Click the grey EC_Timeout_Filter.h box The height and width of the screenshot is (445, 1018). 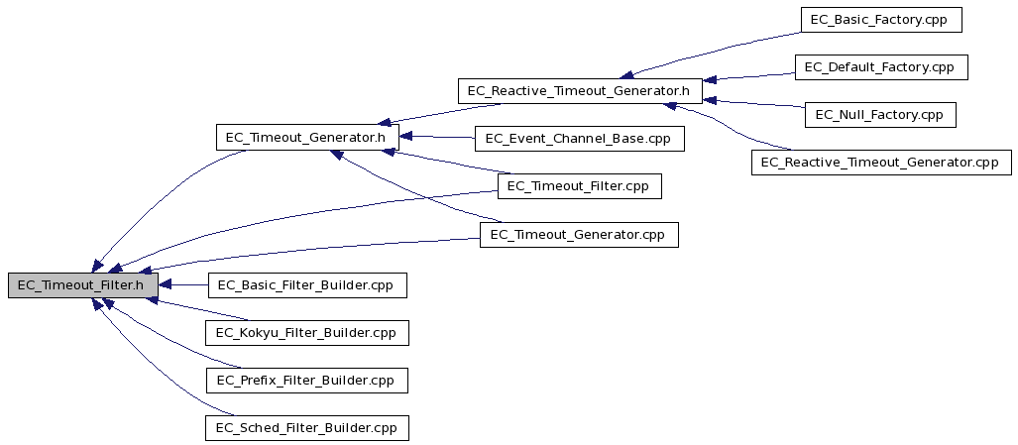pos(83,285)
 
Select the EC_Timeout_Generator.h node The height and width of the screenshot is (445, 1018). pos(306,138)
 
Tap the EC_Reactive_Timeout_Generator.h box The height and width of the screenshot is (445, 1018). pos(580,91)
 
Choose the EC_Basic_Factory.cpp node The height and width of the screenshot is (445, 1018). pos(881,20)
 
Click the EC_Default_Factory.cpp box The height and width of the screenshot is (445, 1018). pos(881,67)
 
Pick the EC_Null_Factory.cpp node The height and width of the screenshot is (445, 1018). pos(880,115)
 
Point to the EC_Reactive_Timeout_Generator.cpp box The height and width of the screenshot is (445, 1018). pos(881,162)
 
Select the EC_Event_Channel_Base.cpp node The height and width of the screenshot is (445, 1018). pos(580,138)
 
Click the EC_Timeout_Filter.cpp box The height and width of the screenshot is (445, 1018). pos(580,186)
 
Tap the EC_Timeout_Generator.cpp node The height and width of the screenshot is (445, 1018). pos(579,234)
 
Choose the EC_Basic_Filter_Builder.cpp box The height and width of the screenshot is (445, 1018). pos(307,285)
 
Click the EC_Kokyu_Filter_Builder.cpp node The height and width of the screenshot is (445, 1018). pos(307,333)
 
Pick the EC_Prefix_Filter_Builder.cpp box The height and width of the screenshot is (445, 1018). pos(307,381)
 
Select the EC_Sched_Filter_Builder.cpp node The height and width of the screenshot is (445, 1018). pos(307,428)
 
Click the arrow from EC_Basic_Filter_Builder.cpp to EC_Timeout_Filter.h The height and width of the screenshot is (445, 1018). pos(183,285)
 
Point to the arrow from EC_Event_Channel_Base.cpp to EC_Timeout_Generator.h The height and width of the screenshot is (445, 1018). pos(436,137)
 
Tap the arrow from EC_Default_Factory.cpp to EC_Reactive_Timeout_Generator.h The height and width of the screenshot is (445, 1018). pos(748,76)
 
